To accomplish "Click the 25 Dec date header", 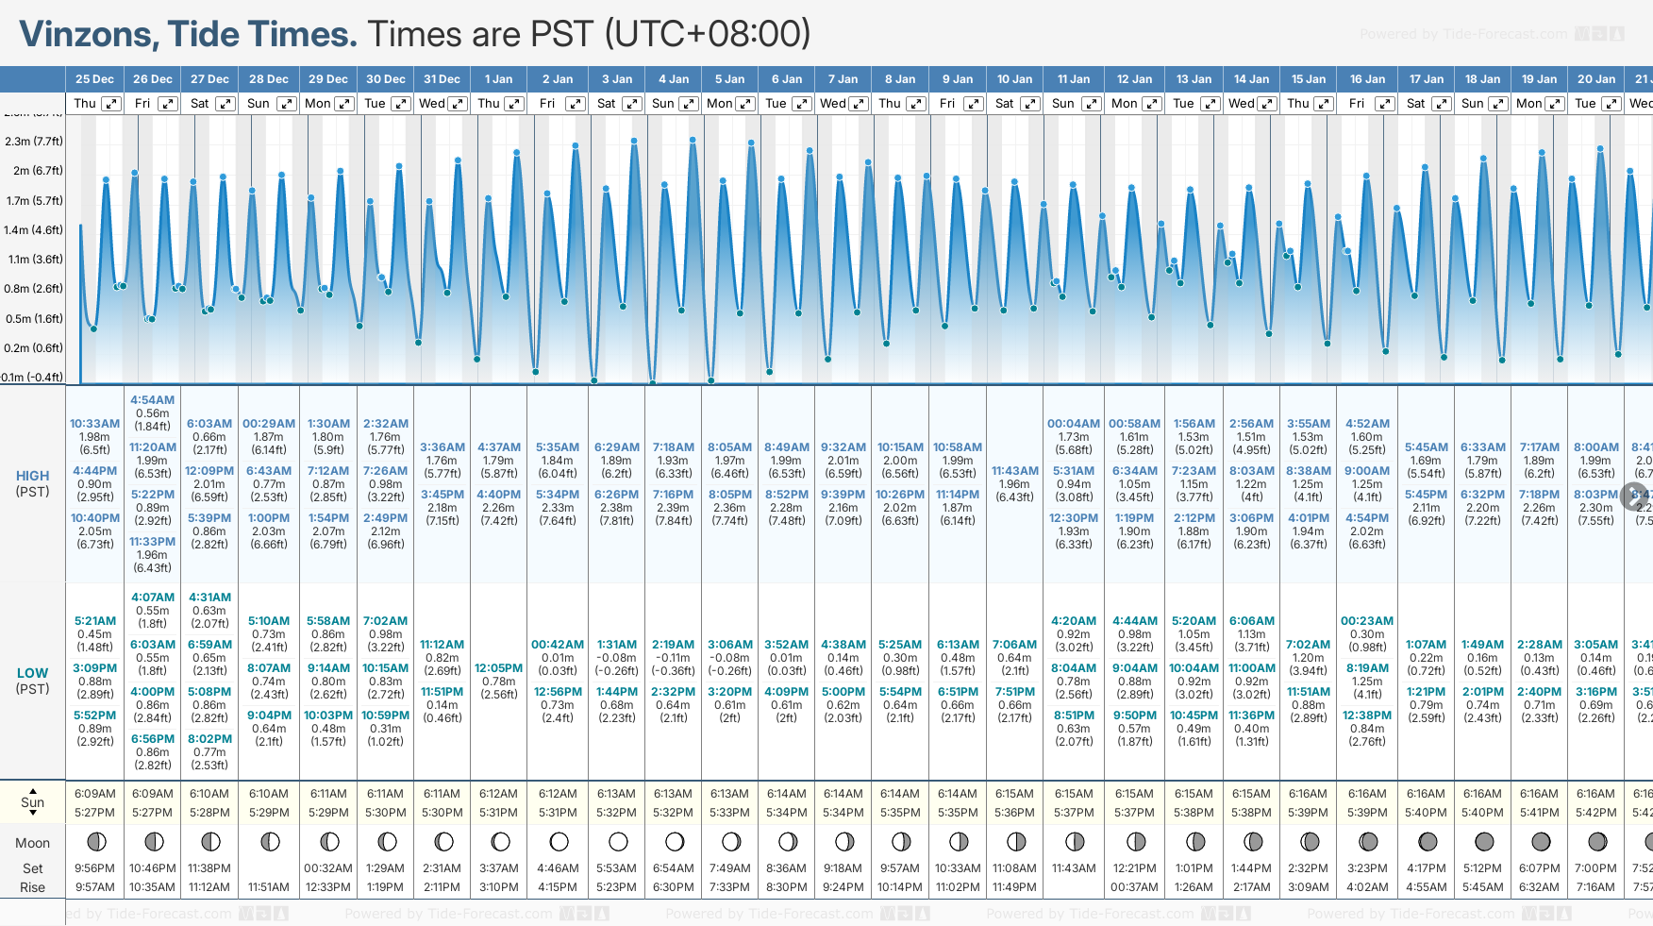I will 94,79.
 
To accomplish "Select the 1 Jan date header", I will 498,79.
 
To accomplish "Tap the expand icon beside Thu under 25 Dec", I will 111,104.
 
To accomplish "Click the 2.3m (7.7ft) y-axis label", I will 34,142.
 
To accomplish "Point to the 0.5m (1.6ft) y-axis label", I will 34,319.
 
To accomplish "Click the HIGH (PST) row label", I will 32,483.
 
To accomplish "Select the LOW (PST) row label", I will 32,681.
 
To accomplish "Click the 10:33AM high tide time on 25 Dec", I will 94,424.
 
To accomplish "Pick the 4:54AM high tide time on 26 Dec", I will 152,400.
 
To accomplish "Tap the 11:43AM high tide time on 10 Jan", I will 1014,471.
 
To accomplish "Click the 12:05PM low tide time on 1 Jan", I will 498,668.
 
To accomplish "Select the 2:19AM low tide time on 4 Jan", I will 673,645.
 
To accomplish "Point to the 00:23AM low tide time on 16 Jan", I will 1366,621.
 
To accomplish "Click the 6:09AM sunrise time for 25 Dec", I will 94,794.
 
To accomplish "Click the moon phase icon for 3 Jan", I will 618,841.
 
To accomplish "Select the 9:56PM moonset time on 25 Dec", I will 94,868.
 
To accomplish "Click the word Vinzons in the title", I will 90,35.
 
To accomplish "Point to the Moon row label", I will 32,843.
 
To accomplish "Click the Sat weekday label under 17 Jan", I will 1415,104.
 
